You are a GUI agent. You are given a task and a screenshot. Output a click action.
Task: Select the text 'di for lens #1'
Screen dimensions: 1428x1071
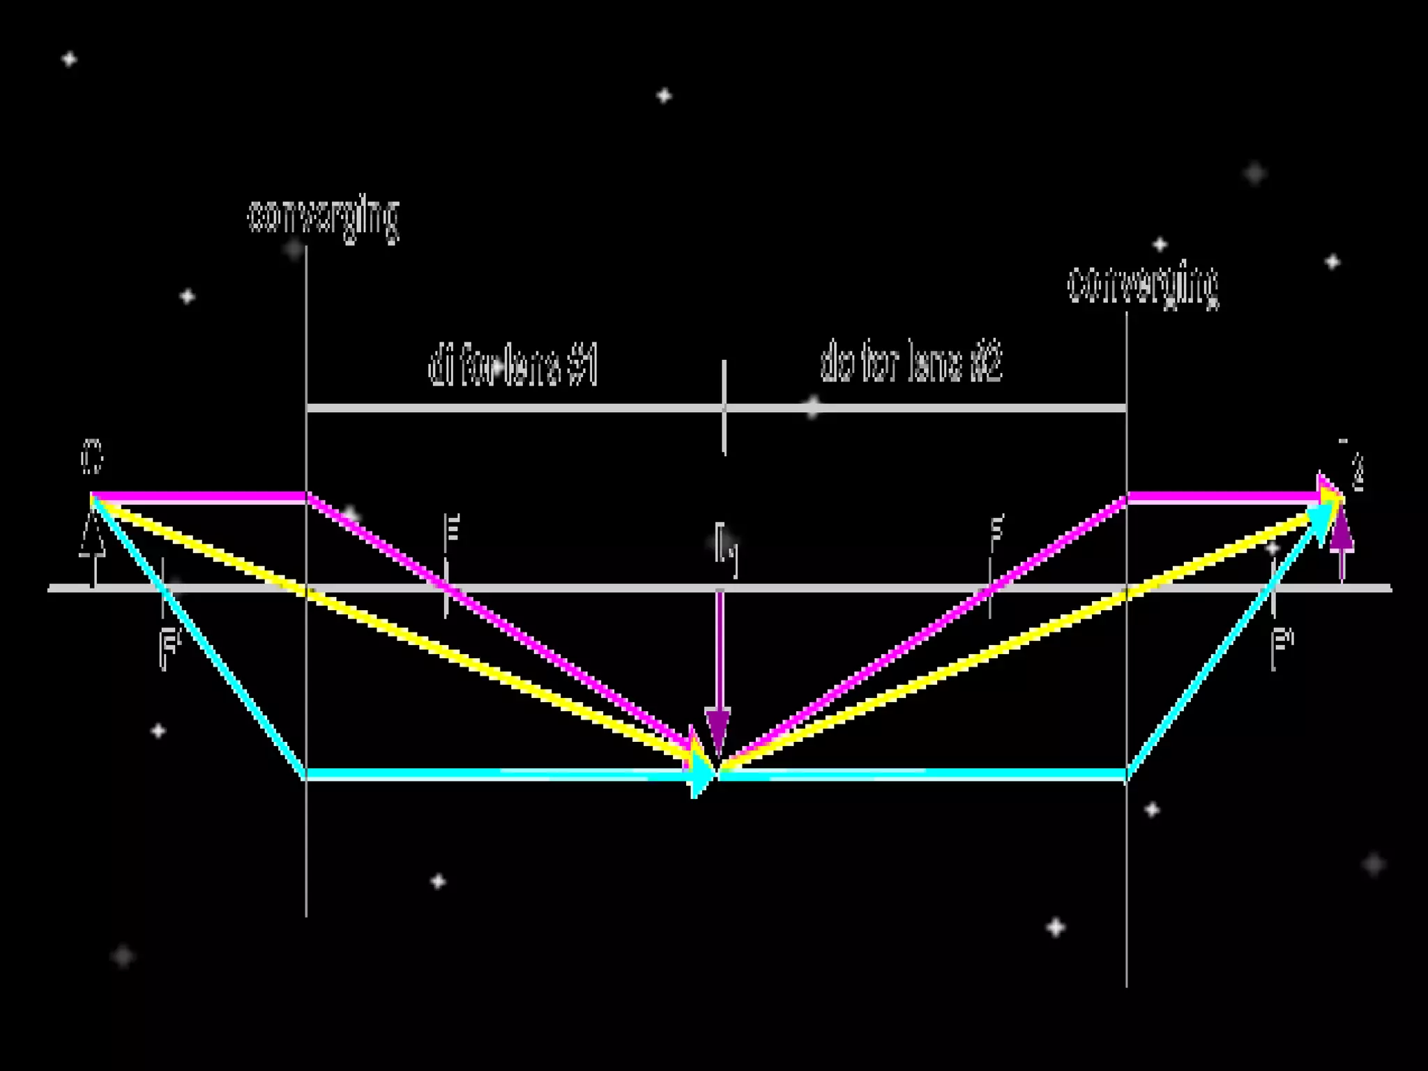513,365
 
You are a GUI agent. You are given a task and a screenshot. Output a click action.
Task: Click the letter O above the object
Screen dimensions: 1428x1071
91,457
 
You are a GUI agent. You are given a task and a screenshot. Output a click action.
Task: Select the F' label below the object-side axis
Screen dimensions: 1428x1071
169,648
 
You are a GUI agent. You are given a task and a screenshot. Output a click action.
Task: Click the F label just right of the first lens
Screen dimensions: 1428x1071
453,528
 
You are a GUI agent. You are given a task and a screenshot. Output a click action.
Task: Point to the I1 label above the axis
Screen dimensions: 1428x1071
725,547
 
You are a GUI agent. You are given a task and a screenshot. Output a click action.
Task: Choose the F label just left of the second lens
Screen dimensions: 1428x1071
997,528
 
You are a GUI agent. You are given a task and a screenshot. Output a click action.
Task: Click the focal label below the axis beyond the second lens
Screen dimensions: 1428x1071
1282,647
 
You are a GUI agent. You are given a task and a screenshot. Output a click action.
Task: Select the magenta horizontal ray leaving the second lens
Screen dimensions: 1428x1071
1220,496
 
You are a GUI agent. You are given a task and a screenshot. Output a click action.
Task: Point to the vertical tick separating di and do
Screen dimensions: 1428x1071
724,407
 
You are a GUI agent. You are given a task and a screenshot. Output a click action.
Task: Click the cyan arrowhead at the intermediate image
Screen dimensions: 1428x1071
703,774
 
